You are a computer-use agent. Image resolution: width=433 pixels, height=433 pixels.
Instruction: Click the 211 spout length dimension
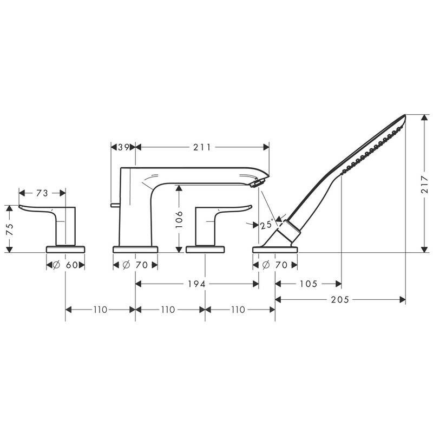(x=201, y=147)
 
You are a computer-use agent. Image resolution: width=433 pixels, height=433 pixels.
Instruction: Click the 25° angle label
(x=266, y=225)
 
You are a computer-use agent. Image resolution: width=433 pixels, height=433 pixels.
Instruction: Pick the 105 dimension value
(x=309, y=283)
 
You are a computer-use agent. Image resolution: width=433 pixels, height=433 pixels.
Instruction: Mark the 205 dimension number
(x=340, y=299)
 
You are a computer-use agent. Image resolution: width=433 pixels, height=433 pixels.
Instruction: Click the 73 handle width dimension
(x=42, y=193)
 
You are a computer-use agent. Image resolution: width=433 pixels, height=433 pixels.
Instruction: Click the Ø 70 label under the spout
(x=135, y=265)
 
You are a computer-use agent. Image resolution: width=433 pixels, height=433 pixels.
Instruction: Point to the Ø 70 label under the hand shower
(x=275, y=265)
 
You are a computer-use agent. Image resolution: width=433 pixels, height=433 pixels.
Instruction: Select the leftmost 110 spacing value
(x=100, y=310)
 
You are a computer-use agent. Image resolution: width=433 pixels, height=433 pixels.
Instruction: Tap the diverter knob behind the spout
(x=114, y=205)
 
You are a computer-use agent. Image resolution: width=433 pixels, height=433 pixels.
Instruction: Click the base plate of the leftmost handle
(x=65, y=249)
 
